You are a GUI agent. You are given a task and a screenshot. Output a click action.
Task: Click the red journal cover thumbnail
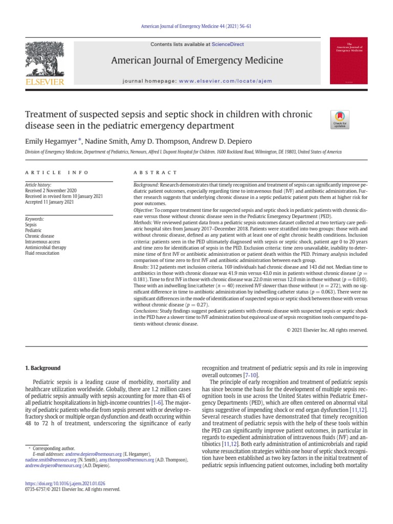point(348,60)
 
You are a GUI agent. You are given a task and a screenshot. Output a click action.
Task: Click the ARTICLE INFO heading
point(57,172)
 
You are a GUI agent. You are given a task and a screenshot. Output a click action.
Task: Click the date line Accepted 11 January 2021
point(50,202)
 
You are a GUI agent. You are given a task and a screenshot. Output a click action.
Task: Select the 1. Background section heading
point(43,368)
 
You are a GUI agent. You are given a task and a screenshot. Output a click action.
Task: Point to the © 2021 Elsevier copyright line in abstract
point(327,331)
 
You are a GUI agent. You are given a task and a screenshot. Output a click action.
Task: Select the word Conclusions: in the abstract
point(146,311)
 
